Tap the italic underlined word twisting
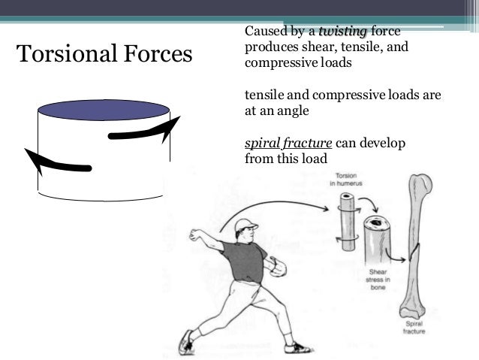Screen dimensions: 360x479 pos(343,31)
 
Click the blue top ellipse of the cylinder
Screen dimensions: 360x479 pos(104,110)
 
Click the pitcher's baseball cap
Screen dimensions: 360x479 pos(245,225)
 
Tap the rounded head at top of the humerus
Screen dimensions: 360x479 pos(420,184)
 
